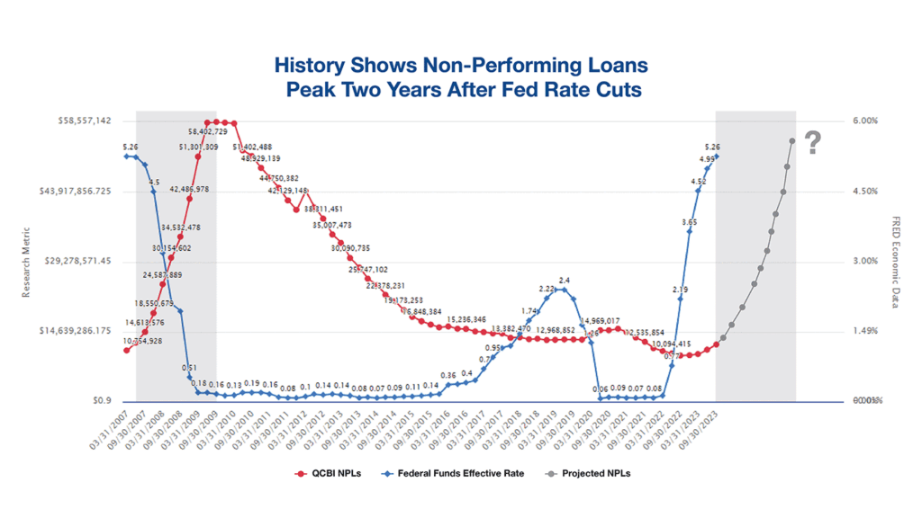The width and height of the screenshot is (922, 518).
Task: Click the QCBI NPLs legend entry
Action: pos(327,473)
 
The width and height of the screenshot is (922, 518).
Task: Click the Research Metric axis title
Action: pos(27,261)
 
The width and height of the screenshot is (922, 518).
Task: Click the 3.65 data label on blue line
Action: pos(689,221)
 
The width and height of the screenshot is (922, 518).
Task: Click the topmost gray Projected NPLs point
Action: pos(791,140)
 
